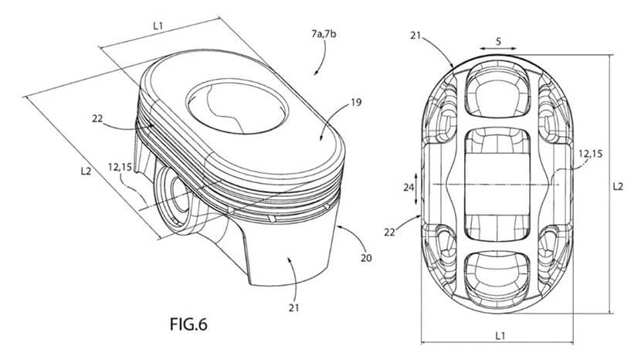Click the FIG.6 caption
pos(188,324)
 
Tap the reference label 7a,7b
pos(324,34)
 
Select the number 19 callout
pos(356,102)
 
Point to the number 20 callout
pos(366,258)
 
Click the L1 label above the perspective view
pos(158,25)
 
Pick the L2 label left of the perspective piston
pos(86,171)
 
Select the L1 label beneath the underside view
pos(500,336)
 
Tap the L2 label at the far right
pos(618,186)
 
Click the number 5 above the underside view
pos(498,41)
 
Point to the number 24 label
pos(409,188)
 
